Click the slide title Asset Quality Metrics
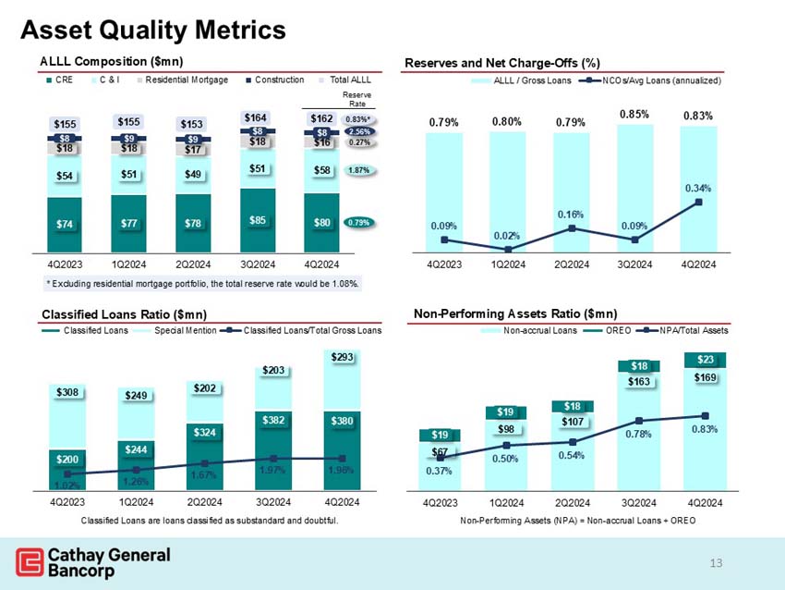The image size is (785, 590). coord(153,31)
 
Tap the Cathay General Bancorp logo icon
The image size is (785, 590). coord(30,561)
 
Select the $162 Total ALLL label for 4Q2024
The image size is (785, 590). coord(321,118)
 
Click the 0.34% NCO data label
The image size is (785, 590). coord(697,188)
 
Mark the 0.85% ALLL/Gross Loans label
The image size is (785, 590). coord(634,115)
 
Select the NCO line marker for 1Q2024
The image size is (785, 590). coord(508,250)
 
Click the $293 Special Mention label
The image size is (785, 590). coord(342,357)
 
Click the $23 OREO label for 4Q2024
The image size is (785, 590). coord(705,360)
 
